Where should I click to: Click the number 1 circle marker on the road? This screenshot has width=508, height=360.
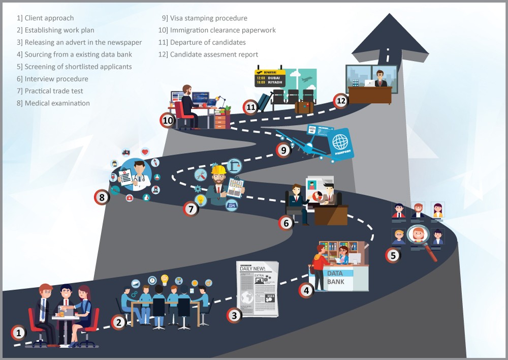[x=18, y=333]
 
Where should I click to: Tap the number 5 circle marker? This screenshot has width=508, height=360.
[x=393, y=255]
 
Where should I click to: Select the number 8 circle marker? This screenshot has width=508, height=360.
[x=102, y=197]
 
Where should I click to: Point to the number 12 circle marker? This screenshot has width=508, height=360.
[x=341, y=101]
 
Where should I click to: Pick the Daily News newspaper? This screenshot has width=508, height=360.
[x=258, y=289]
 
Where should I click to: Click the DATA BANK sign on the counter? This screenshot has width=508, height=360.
[x=336, y=278]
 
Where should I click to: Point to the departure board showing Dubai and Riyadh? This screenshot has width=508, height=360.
[x=270, y=78]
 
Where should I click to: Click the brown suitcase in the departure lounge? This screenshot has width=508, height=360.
[x=304, y=107]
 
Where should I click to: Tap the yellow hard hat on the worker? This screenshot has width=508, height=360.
[x=218, y=170]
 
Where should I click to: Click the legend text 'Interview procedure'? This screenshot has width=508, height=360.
[x=56, y=79]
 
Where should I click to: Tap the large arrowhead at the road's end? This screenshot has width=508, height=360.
[x=390, y=38]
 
